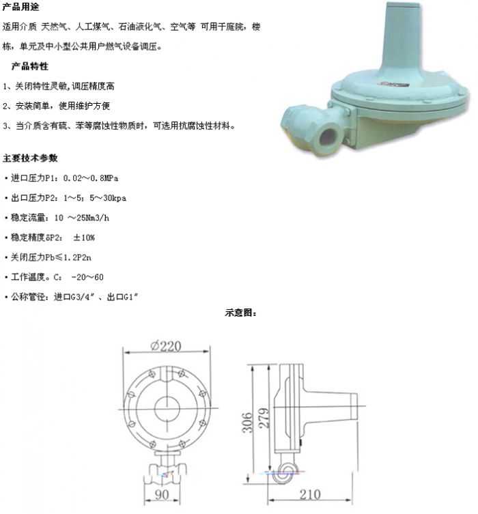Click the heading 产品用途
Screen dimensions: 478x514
pyautogui.click(x=20, y=7)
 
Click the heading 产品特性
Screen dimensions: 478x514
pyautogui.click(x=30, y=66)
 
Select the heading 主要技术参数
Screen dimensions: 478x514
pyautogui.click(x=30, y=158)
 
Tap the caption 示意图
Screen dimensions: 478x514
pyautogui.click(x=240, y=313)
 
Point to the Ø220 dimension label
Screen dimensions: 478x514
pyautogui.click(x=166, y=346)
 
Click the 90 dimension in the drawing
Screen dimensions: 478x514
pyautogui.click(x=162, y=495)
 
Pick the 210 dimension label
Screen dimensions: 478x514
pyautogui.click(x=310, y=495)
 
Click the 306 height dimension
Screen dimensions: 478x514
pyautogui.click(x=248, y=423)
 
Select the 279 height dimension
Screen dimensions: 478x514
pyautogui.click(x=264, y=418)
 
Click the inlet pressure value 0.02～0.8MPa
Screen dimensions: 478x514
pyautogui.click(x=91, y=178)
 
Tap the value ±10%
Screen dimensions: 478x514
pyautogui.click(x=84, y=238)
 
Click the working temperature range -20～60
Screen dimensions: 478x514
pyautogui.click(x=87, y=277)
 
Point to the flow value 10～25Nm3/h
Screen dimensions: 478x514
pyautogui.click(x=82, y=218)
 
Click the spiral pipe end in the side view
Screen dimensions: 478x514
pyautogui.click(x=286, y=472)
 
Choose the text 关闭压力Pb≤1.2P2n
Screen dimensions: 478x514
pyautogui.click(x=51, y=257)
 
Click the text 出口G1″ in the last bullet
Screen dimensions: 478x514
pyautogui.click(x=123, y=297)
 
